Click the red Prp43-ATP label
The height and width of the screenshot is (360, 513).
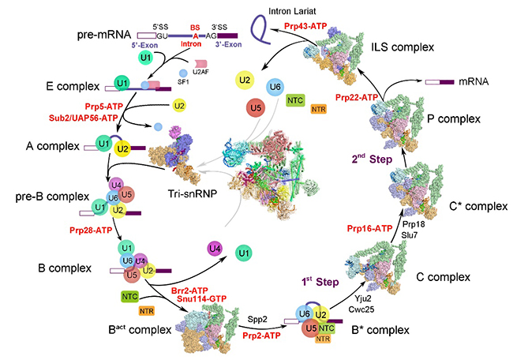[x=318, y=27]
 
